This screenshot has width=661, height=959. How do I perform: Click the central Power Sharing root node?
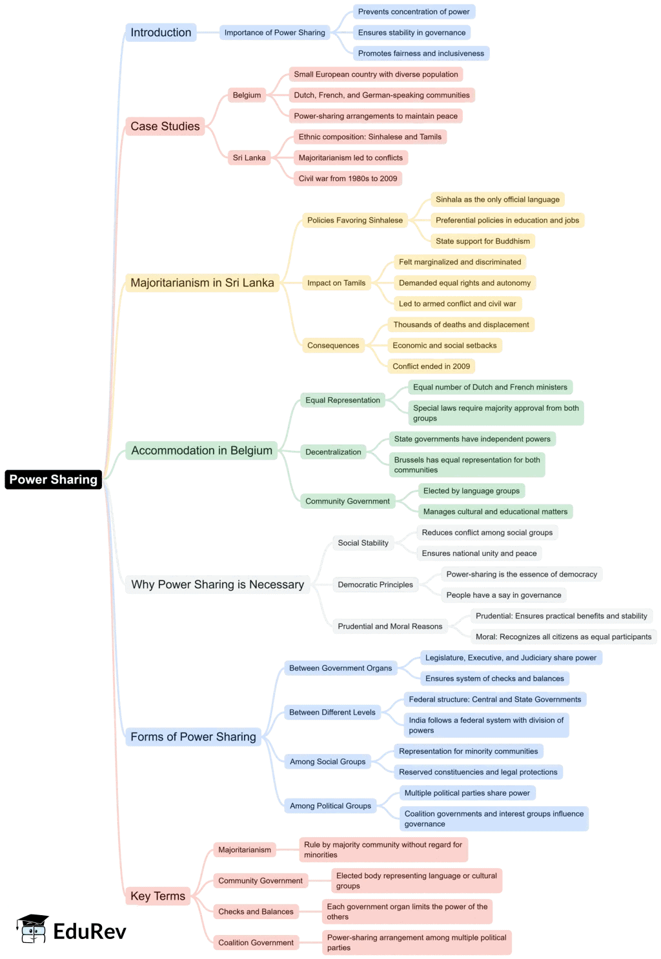(x=53, y=479)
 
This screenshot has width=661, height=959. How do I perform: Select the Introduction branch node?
(x=161, y=32)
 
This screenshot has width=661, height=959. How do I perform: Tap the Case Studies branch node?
(x=165, y=126)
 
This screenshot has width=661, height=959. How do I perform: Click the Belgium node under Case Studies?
(x=247, y=95)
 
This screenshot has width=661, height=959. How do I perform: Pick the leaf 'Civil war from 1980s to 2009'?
(x=347, y=179)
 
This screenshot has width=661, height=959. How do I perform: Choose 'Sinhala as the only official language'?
(x=497, y=199)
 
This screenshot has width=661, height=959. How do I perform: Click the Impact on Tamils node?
(x=336, y=282)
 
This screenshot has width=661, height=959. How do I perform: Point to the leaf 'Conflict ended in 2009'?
(x=431, y=366)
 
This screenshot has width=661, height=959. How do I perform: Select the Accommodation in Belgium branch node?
(x=201, y=450)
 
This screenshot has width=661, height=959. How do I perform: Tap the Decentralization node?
(x=333, y=452)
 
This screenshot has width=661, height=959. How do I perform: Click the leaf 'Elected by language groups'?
(x=471, y=491)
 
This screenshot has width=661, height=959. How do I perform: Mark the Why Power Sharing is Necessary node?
(x=217, y=584)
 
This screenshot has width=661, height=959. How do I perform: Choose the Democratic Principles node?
(x=375, y=585)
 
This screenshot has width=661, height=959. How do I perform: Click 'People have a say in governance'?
(x=503, y=595)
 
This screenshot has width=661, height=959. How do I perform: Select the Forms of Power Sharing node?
(x=193, y=737)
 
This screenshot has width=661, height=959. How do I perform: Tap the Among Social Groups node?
(x=327, y=762)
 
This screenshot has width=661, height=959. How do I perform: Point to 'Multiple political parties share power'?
(x=467, y=793)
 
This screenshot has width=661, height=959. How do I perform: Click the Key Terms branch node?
(x=158, y=896)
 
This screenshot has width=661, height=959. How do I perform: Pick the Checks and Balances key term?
(x=256, y=911)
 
